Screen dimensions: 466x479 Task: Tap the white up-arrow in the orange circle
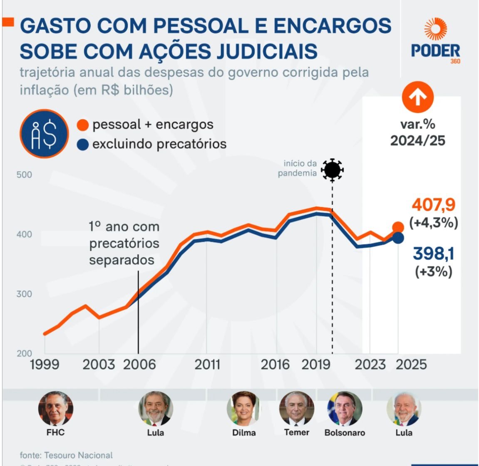pyautogui.click(x=417, y=97)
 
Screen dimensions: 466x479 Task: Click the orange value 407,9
pyautogui.click(x=434, y=205)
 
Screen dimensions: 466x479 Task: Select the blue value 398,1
pyautogui.click(x=433, y=253)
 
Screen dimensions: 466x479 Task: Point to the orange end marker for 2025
pyautogui.click(x=398, y=227)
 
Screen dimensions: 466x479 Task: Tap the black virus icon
pyautogui.click(x=332, y=170)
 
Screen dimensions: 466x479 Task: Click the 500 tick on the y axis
pyautogui.click(x=24, y=175)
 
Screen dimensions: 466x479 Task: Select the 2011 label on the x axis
pyautogui.click(x=207, y=364)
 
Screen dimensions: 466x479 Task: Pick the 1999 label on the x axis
pyautogui.click(x=45, y=364)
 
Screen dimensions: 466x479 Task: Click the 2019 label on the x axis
pyautogui.click(x=315, y=364)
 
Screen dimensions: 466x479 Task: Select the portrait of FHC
pyautogui.click(x=55, y=408)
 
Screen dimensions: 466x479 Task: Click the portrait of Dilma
pyautogui.click(x=243, y=408)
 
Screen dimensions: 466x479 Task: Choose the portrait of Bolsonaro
pyautogui.click(x=345, y=408)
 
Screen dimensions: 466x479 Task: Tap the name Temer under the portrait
pyautogui.click(x=297, y=432)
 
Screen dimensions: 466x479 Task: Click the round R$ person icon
pyautogui.click(x=44, y=133)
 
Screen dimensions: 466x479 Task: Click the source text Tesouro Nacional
pyautogui.click(x=78, y=455)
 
